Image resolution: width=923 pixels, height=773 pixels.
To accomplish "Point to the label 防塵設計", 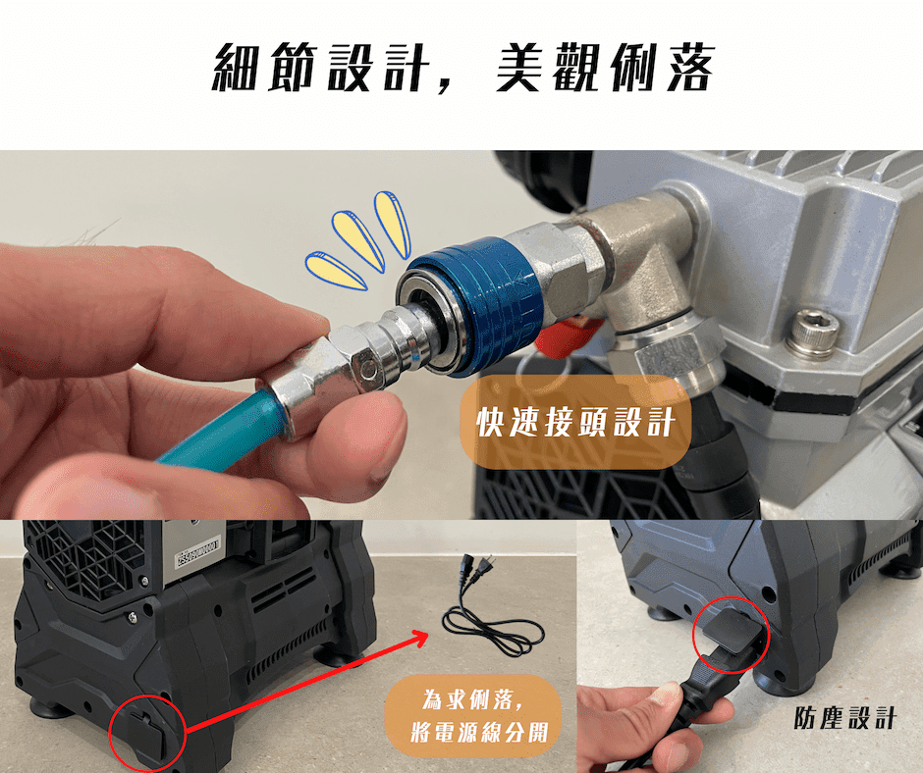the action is pyautogui.click(x=844, y=718).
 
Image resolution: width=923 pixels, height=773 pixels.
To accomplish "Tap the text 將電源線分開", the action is pyautogui.click(x=479, y=733).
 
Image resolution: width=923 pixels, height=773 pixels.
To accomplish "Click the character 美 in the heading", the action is pyautogui.click(x=518, y=67).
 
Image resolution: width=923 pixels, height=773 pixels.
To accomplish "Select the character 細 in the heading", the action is pyautogui.click(x=236, y=67).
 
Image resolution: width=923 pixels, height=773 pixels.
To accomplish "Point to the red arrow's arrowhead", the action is pyautogui.click(x=418, y=638).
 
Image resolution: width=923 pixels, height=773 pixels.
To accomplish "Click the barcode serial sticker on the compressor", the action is pyautogui.click(x=198, y=553).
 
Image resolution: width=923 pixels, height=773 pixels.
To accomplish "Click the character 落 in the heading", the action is pyautogui.click(x=691, y=67).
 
